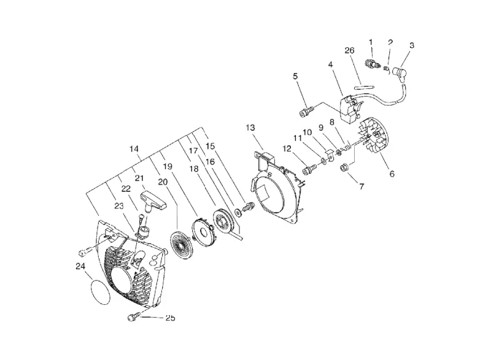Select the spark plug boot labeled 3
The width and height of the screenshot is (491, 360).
click(x=400, y=74)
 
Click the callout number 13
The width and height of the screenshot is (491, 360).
click(x=250, y=128)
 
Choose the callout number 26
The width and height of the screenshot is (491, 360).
click(x=349, y=50)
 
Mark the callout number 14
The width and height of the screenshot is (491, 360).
click(x=134, y=149)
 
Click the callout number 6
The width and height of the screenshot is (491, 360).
click(x=392, y=174)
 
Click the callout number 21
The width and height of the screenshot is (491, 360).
click(x=139, y=178)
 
